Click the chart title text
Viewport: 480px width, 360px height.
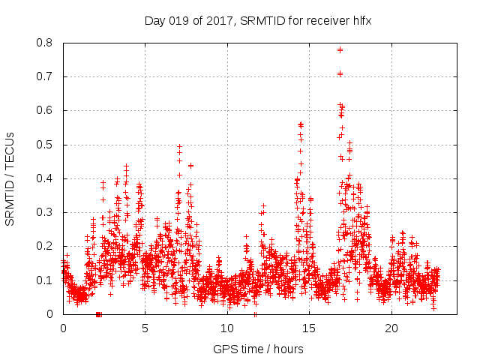tap(258, 21)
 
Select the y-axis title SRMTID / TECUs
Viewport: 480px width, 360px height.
tap(10, 178)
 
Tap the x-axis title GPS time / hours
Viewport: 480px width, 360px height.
tap(258, 349)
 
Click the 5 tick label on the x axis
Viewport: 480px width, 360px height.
tap(145, 328)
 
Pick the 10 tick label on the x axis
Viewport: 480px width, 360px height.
tap(227, 328)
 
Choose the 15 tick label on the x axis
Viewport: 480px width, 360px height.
tap(309, 328)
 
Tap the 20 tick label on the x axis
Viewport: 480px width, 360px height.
tap(391, 328)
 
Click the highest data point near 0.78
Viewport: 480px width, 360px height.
tap(340, 49)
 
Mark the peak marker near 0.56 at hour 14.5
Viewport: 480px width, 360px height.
tap(301, 124)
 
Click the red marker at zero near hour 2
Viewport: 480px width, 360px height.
tap(98, 314)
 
